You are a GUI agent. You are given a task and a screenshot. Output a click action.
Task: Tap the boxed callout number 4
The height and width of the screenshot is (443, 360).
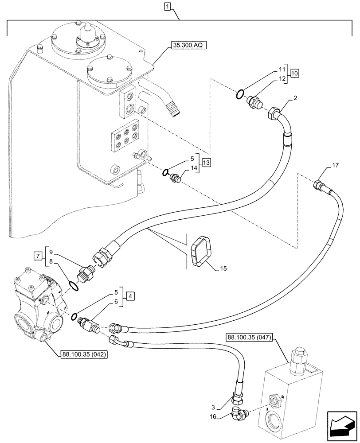tap(128, 295)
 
